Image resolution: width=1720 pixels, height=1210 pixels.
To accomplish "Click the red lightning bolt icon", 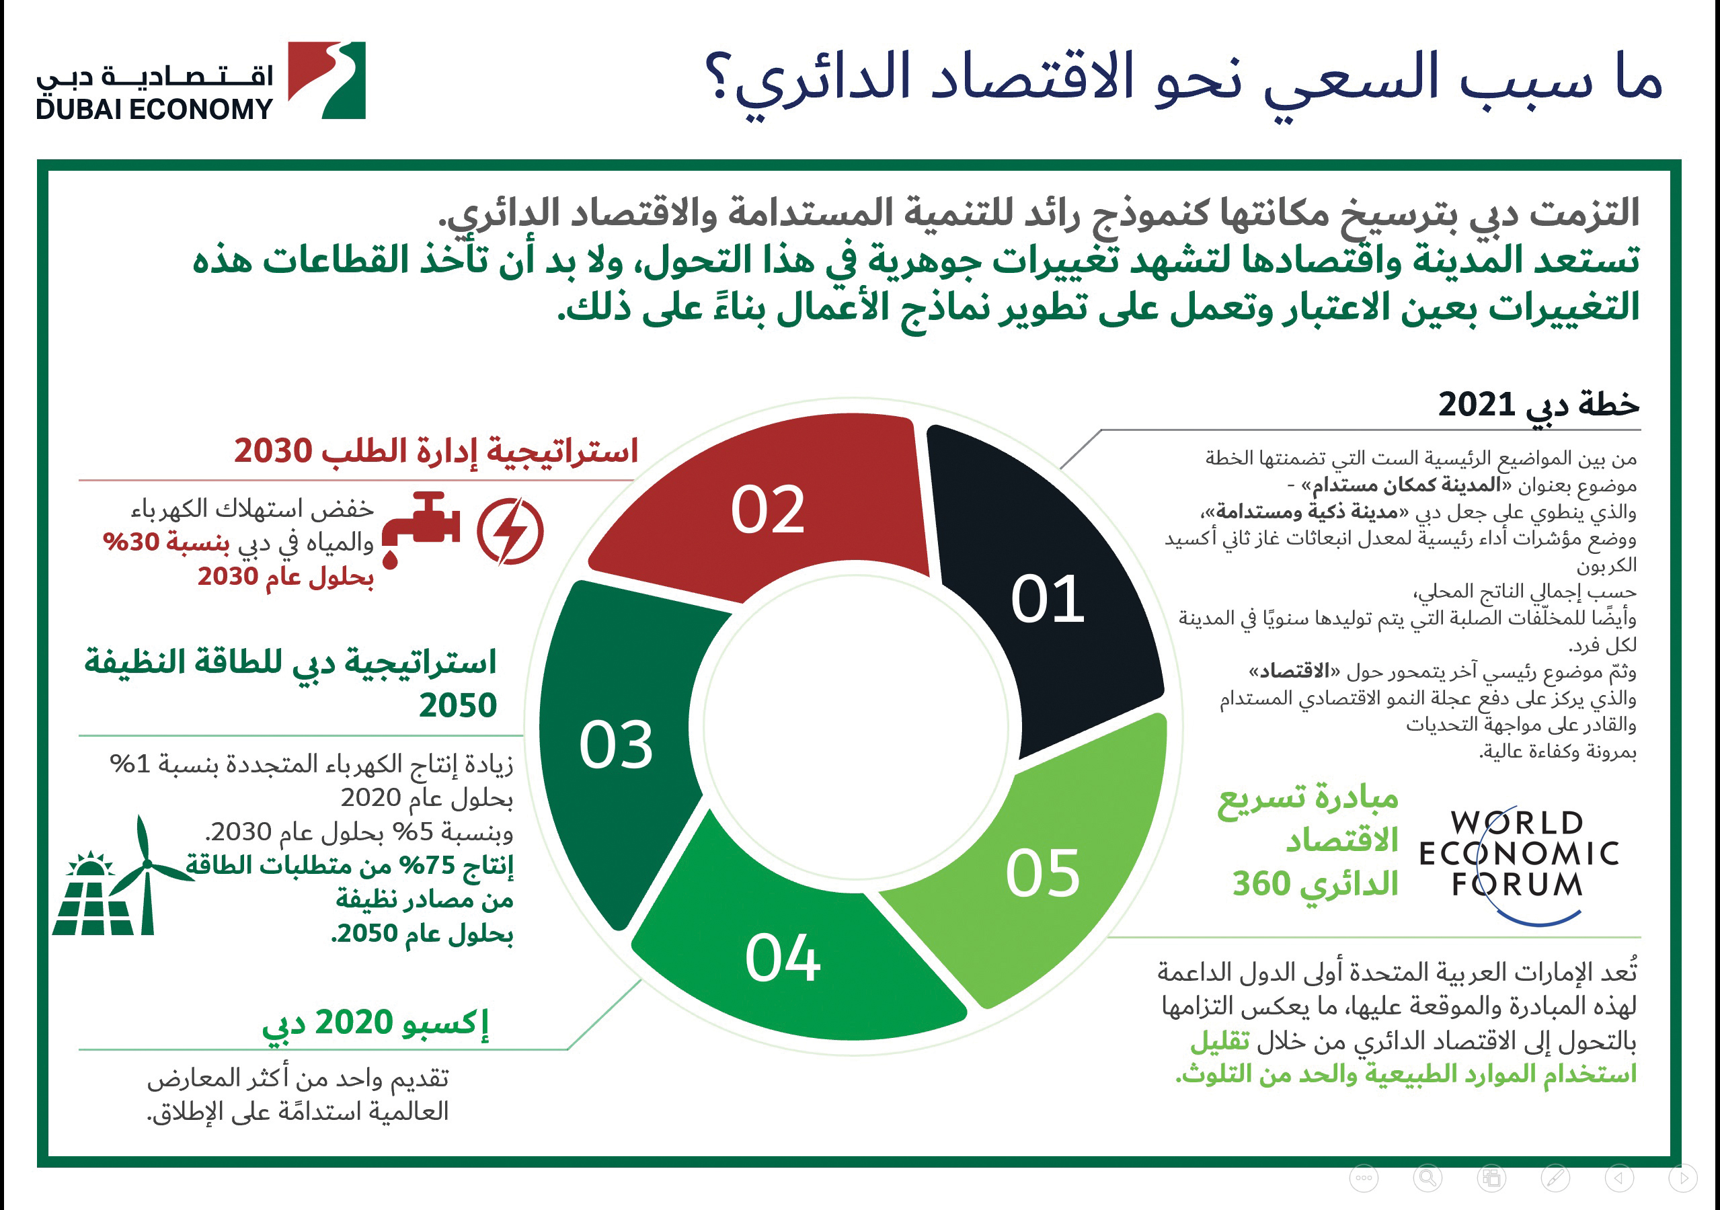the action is [510, 532].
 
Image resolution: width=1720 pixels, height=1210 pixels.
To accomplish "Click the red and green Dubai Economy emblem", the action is [327, 80].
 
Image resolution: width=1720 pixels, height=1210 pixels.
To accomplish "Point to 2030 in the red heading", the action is [273, 451].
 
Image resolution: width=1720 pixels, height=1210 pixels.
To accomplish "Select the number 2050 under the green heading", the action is [458, 705].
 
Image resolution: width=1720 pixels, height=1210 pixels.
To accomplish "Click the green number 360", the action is [1261, 883].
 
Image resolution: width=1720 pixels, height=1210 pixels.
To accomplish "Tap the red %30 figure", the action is [132, 541].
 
